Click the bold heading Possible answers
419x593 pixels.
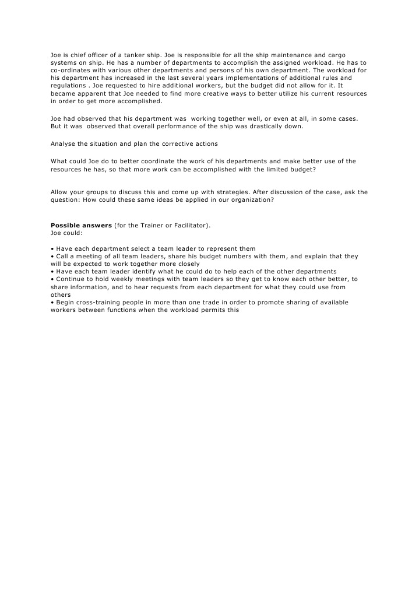(81, 225)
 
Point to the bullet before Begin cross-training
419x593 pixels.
(52, 302)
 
